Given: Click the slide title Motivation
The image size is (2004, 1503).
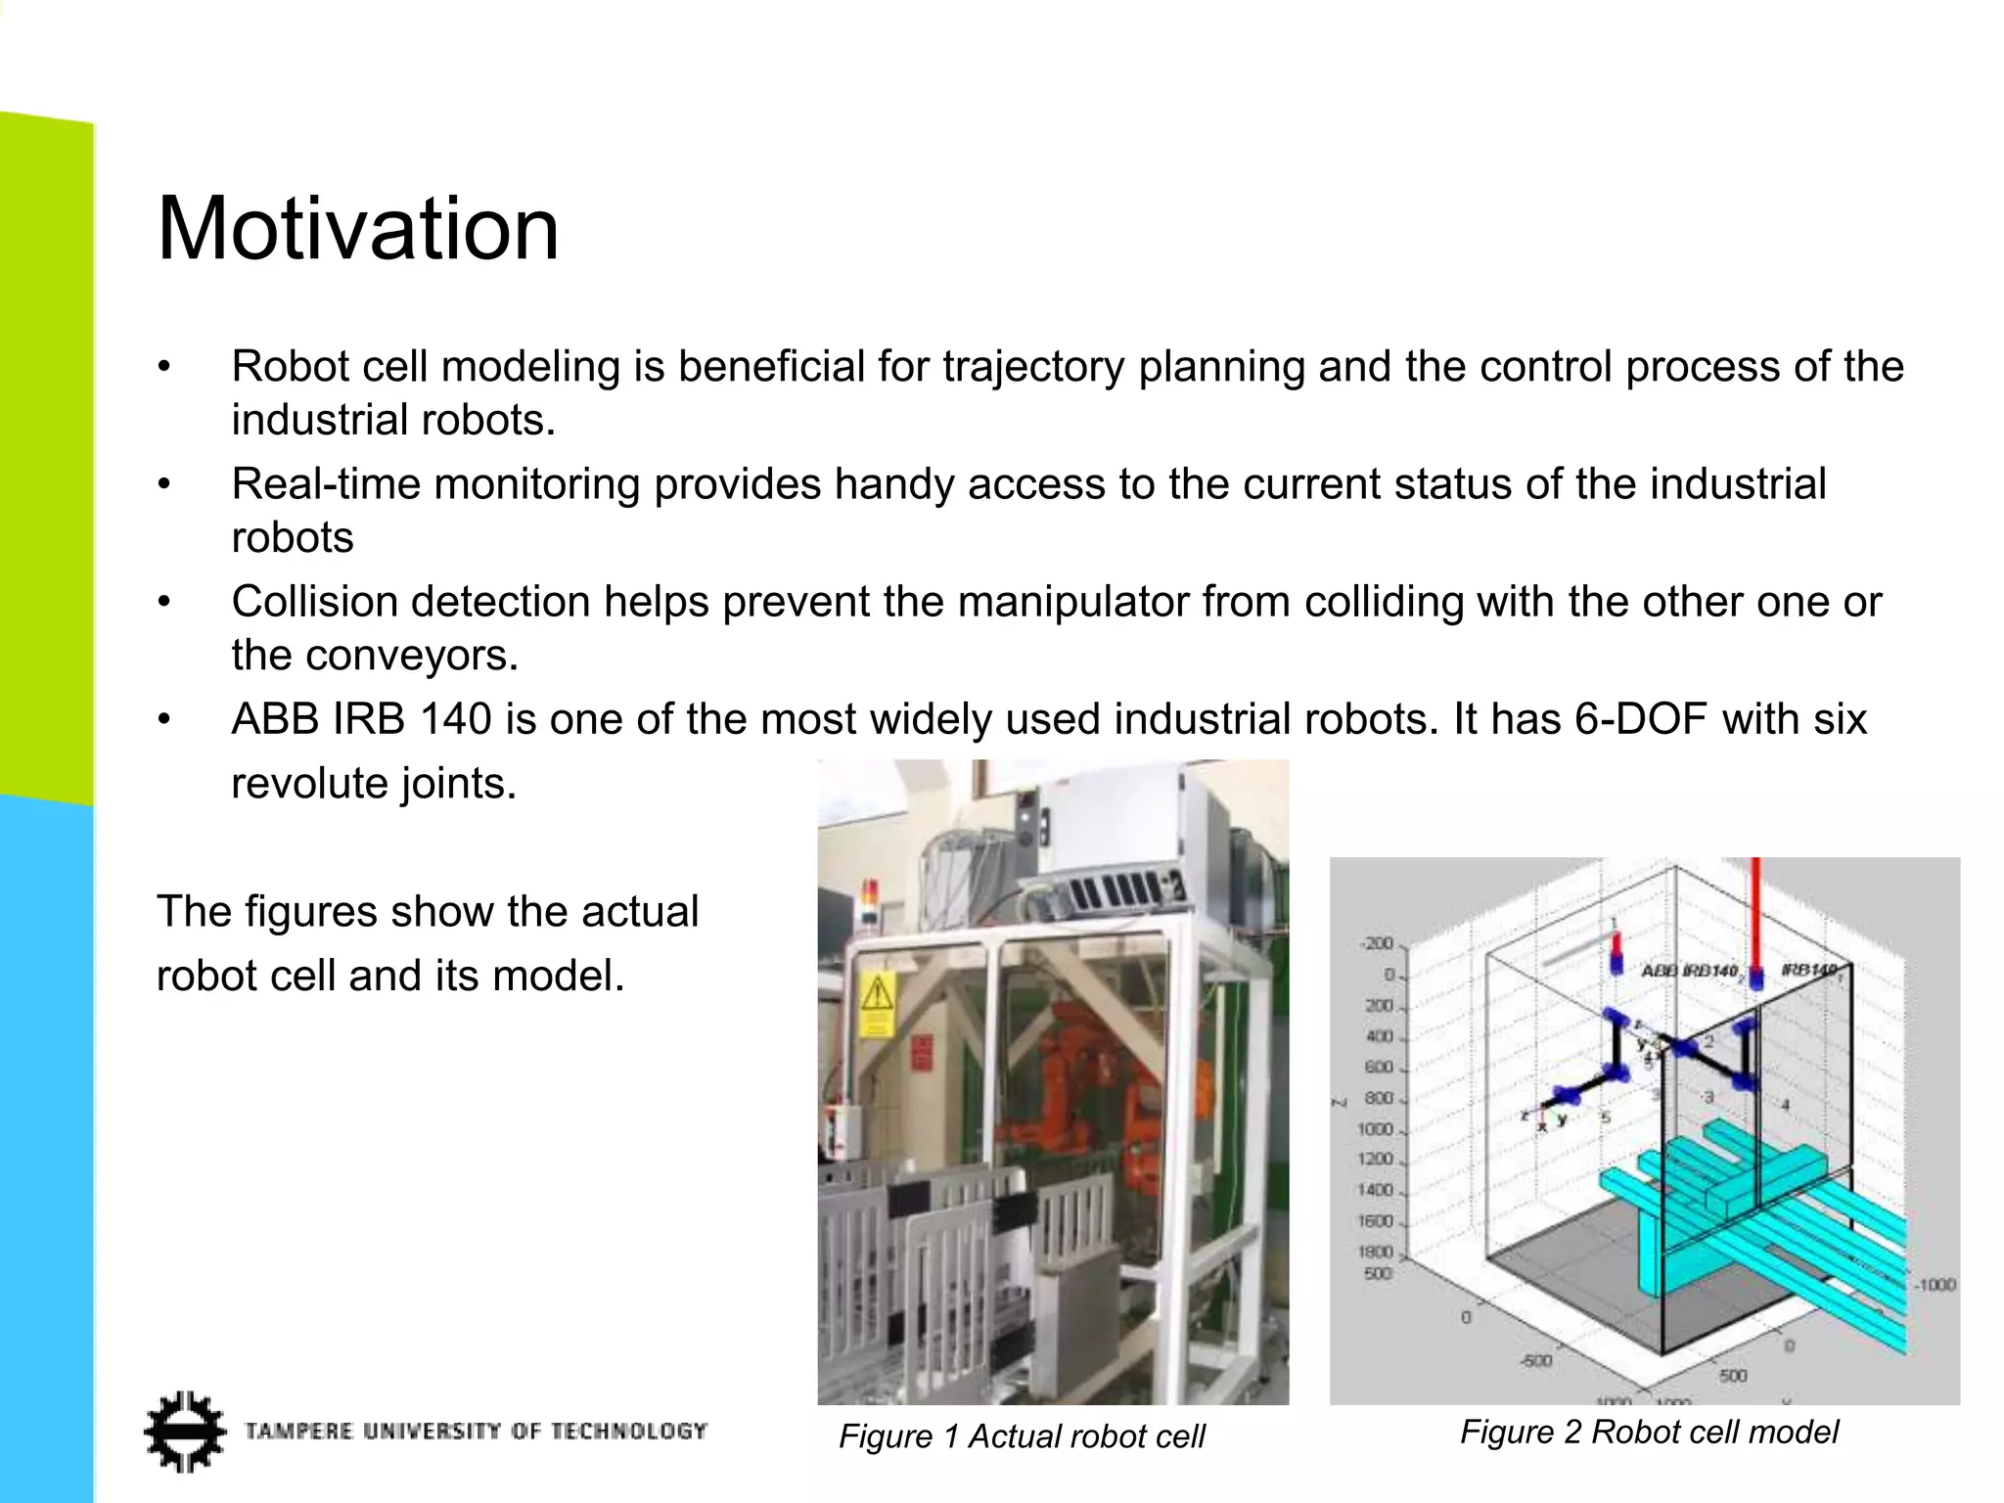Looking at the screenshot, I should coord(358,229).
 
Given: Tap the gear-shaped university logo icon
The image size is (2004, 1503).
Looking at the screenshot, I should coord(184,1432).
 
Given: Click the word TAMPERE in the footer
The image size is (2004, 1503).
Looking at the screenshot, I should coord(298,1432).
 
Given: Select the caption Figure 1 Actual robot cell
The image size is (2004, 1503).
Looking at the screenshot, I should coord(1022,1436).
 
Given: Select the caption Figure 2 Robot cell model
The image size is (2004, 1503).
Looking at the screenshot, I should coord(1649,1433).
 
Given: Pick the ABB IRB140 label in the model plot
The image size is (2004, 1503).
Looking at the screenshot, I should coord(1689,971).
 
